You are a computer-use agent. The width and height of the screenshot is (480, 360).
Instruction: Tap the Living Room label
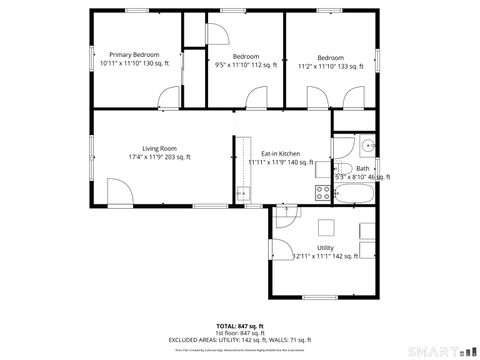[159, 148]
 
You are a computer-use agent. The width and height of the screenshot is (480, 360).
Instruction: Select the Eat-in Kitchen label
[281, 153]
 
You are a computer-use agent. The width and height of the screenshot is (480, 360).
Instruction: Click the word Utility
[326, 246]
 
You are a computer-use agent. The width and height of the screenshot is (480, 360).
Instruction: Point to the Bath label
[362, 168]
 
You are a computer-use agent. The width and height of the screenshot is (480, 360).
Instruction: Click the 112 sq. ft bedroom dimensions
[246, 65]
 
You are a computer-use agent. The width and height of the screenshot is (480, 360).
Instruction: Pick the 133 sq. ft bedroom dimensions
[331, 65]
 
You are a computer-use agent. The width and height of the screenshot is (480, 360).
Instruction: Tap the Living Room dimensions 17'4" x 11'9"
[159, 157]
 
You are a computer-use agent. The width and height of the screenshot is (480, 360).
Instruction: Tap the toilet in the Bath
[340, 169]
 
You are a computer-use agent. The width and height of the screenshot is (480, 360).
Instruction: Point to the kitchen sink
[241, 192]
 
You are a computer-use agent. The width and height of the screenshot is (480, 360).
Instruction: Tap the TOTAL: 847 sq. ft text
[240, 326]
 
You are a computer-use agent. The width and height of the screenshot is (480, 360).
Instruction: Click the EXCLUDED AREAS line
[240, 340]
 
